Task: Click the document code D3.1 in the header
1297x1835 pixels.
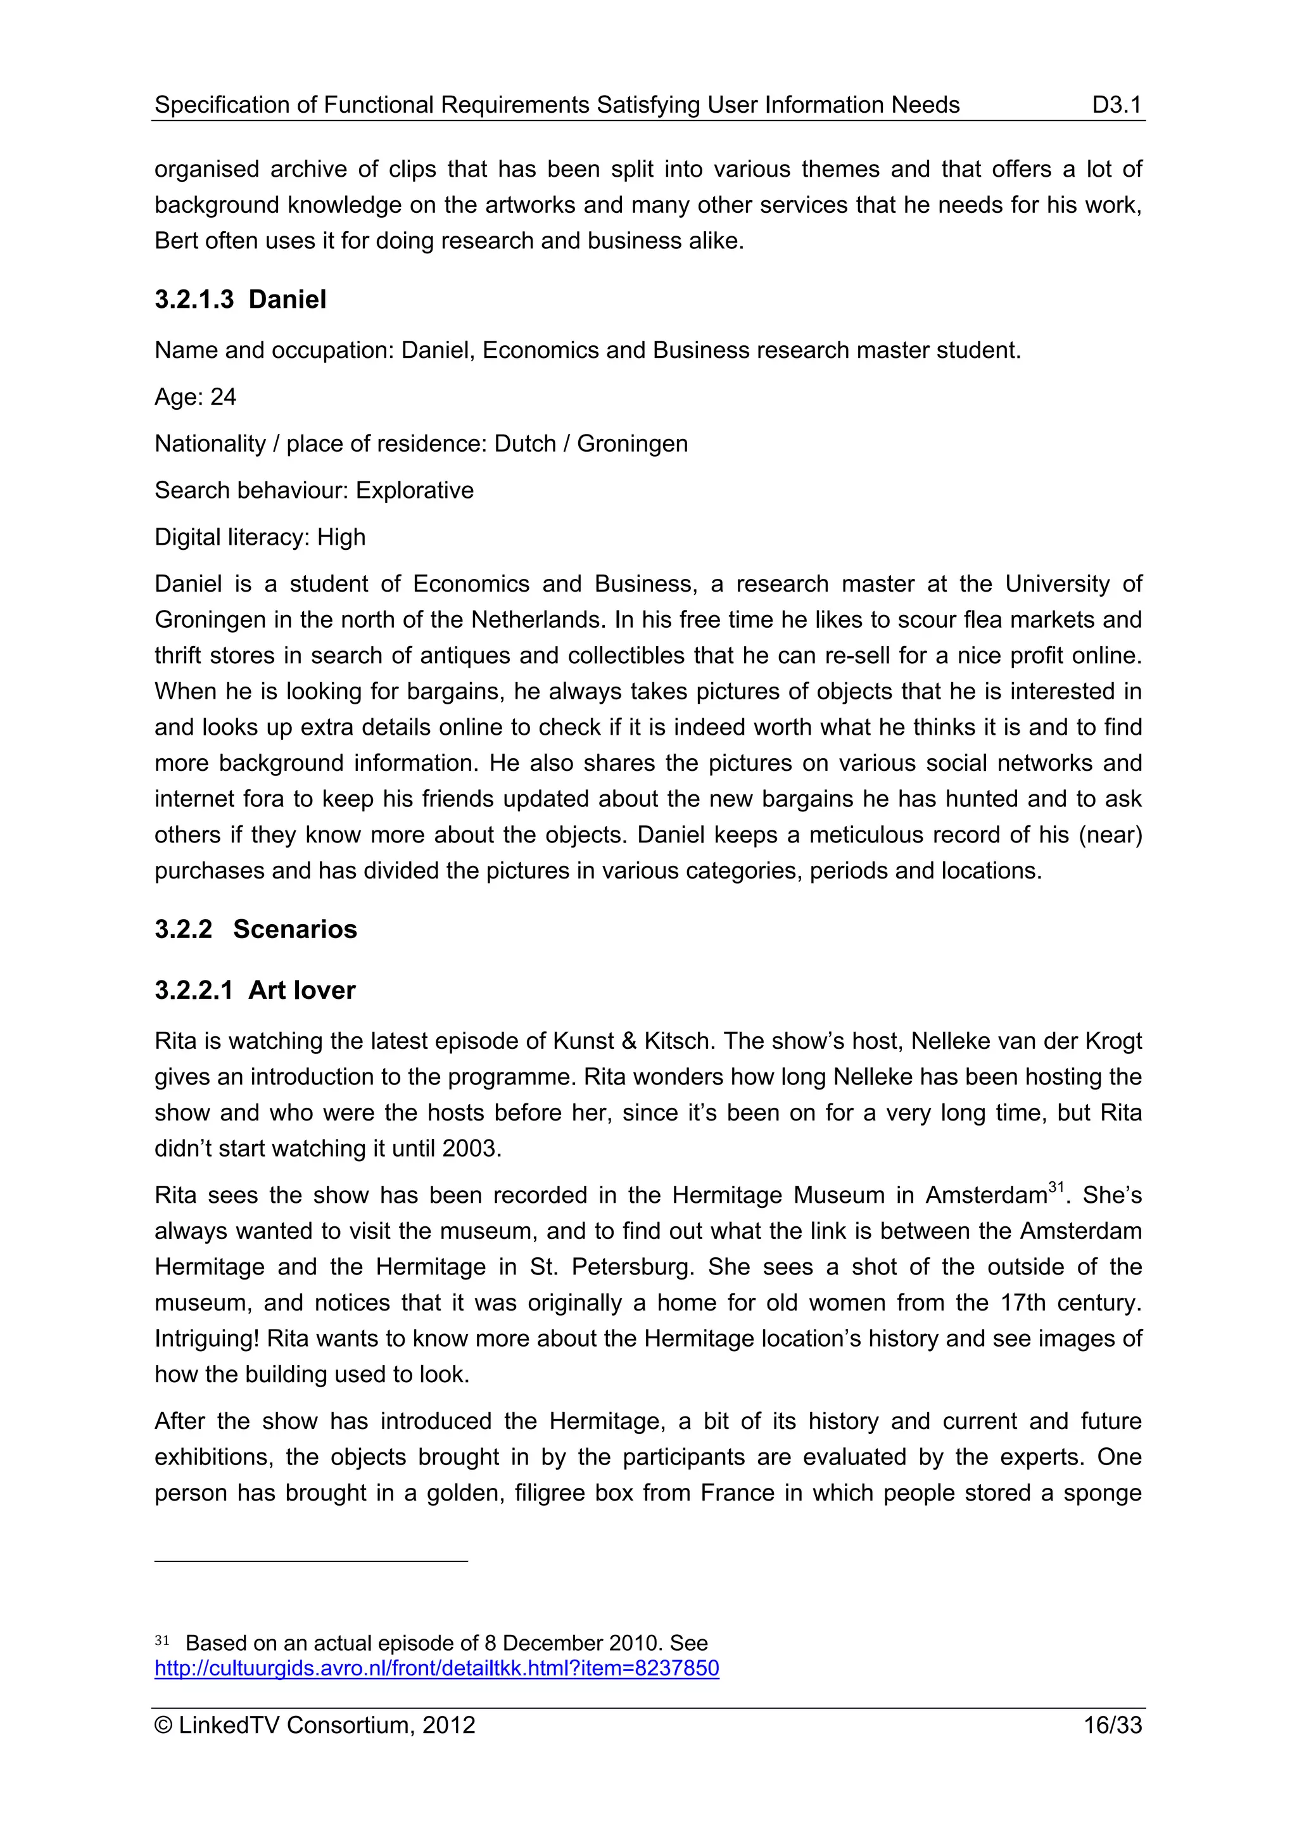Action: [x=1117, y=105]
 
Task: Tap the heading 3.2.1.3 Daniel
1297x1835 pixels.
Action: [x=241, y=299]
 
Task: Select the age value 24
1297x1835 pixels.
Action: [x=223, y=397]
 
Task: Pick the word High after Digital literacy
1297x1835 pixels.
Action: [x=341, y=537]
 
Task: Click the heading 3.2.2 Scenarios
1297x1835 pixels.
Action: [x=256, y=929]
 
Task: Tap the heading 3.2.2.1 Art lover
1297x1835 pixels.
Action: [x=255, y=990]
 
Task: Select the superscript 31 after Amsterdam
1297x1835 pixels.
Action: [x=1056, y=1187]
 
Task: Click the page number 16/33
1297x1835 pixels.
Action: [x=1113, y=1725]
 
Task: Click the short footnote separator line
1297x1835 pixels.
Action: [x=311, y=1561]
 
